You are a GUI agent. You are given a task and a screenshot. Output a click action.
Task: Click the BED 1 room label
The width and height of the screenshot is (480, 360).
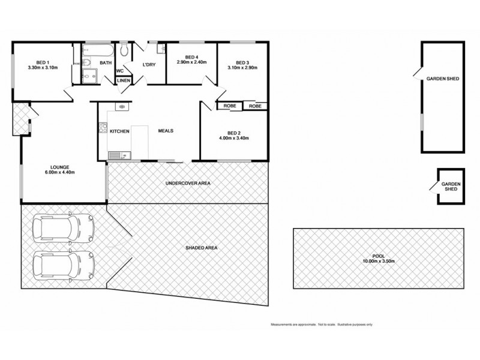pos(41,62)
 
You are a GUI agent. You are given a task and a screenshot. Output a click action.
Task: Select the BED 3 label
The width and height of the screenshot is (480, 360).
pos(242,62)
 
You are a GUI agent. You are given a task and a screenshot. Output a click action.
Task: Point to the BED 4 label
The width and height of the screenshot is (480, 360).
pos(191,57)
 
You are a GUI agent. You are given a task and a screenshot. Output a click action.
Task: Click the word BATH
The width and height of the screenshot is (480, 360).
pos(105,62)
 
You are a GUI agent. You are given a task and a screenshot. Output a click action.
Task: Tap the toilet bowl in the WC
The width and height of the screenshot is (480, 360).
pos(124,50)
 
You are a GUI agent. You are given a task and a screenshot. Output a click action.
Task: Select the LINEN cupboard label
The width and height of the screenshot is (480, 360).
pos(124,80)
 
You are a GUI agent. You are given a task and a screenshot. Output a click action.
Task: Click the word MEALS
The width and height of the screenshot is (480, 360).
pos(166,131)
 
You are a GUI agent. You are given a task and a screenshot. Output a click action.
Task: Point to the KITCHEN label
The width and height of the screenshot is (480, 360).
pos(119,131)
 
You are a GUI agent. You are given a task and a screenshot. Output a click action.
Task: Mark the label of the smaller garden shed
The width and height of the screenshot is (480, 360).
pos(450,186)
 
